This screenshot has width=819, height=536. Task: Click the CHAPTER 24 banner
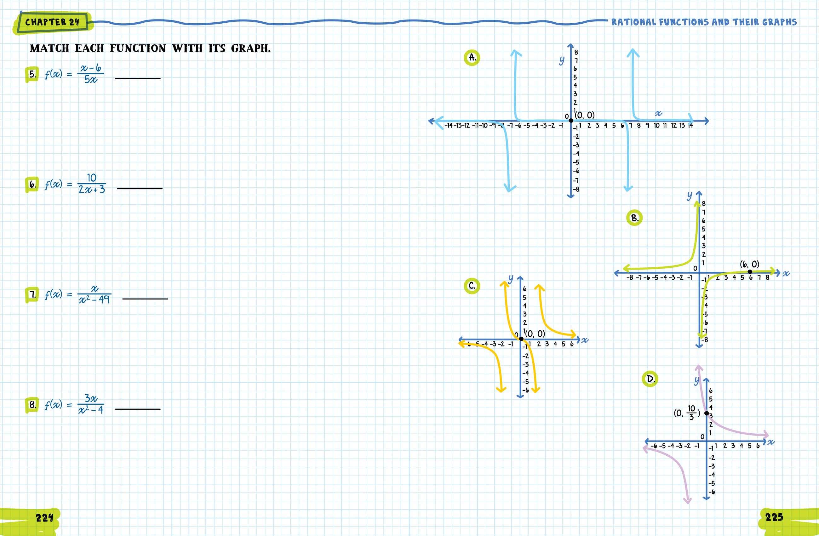pyautogui.click(x=52, y=22)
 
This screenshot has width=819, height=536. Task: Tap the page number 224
pyautogui.click(x=44, y=518)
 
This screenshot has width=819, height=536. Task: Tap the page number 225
pyautogui.click(x=774, y=517)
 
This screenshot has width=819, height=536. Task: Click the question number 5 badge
pyautogui.click(x=32, y=74)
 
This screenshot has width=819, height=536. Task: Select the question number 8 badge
pyautogui.click(x=32, y=405)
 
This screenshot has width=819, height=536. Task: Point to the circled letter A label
pyautogui.click(x=472, y=57)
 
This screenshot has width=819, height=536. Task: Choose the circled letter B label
pyautogui.click(x=634, y=218)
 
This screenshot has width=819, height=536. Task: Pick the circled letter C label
pyautogui.click(x=472, y=286)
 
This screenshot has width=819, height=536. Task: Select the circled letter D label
pyautogui.click(x=650, y=379)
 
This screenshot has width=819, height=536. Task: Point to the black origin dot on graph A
pyautogui.click(x=571, y=120)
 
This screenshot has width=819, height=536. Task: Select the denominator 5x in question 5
pyautogui.click(x=91, y=80)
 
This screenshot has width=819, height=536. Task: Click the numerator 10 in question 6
pyautogui.click(x=92, y=178)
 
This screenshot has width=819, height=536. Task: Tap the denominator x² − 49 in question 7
pyautogui.click(x=94, y=300)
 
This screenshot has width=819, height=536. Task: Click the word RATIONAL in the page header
pyautogui.click(x=633, y=22)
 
